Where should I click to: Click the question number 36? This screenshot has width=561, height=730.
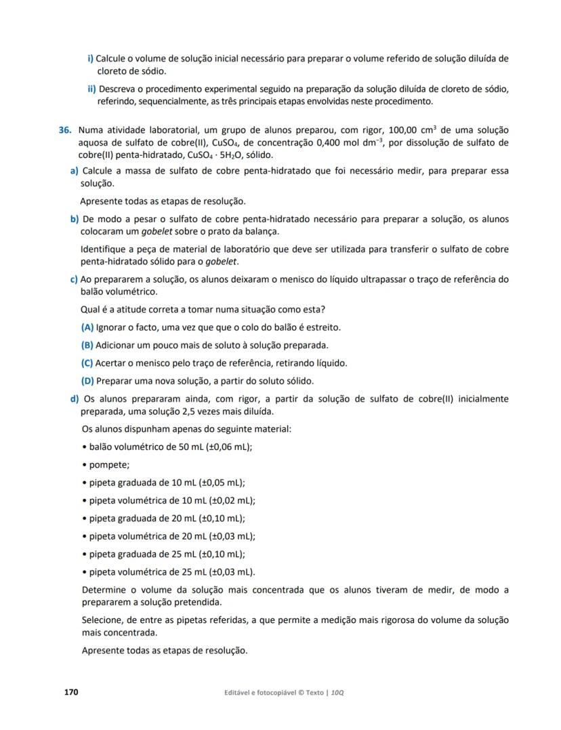pyautogui.click(x=65, y=129)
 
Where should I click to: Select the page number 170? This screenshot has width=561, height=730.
pyautogui.click(x=71, y=692)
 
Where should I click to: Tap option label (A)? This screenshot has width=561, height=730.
pyautogui.click(x=87, y=327)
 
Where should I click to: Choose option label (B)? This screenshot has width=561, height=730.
pyautogui.click(x=87, y=345)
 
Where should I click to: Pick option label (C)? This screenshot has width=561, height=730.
pyautogui.click(x=87, y=363)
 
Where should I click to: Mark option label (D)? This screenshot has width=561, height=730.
pyautogui.click(x=87, y=380)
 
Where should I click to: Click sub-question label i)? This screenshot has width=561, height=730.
pyautogui.click(x=90, y=58)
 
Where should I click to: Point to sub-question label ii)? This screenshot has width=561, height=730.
pyautogui.click(x=92, y=89)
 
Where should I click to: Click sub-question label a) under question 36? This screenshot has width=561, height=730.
pyautogui.click(x=75, y=171)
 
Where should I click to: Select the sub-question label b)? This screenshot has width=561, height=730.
pyautogui.click(x=75, y=219)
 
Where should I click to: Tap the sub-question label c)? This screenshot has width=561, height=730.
pyautogui.click(x=75, y=279)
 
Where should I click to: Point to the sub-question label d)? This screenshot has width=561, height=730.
pyautogui.click(x=75, y=399)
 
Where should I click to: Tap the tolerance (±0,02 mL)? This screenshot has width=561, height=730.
pyautogui.click(x=228, y=500)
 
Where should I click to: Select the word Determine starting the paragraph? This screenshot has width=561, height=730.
pyautogui.click(x=105, y=590)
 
